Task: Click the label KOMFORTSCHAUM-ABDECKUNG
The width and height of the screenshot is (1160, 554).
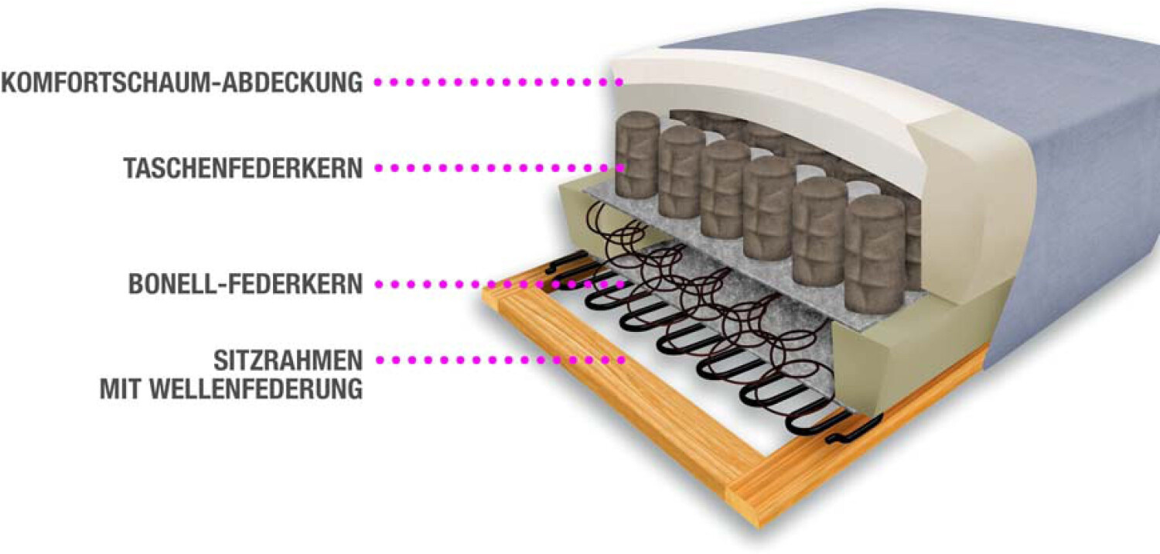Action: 182,82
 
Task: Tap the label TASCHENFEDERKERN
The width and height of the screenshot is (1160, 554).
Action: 243,168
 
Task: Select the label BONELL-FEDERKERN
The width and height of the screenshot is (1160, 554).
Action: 246,284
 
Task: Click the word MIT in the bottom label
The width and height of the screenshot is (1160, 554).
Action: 121,388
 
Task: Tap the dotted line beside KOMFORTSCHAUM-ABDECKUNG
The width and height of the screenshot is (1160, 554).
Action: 499,81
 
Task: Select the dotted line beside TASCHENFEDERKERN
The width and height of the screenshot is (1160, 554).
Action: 499,167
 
